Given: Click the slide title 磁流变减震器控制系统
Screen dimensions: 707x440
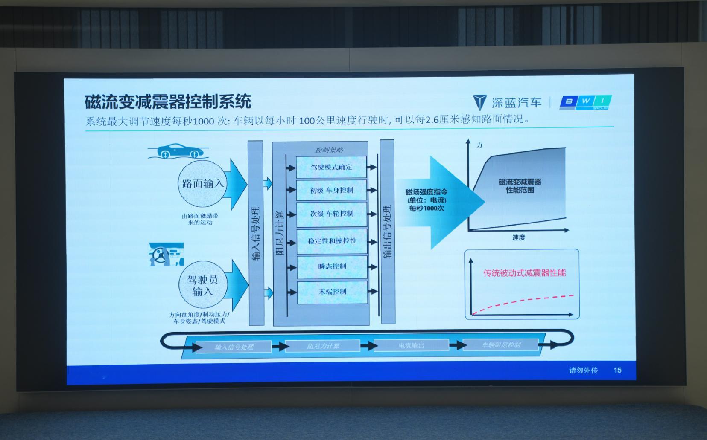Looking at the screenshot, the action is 168,102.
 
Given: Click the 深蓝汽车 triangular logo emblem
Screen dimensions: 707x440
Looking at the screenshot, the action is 479,103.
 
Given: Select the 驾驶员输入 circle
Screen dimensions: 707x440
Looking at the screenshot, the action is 203,285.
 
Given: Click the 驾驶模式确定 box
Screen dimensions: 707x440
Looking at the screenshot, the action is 331,167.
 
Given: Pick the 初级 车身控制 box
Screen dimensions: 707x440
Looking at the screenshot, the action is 331,190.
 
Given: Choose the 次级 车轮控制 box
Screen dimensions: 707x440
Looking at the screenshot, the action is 331,214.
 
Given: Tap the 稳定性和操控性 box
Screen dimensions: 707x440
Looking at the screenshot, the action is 331,241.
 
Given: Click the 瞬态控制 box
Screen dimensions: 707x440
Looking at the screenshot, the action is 331,266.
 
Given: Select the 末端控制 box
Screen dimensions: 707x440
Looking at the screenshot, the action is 331,292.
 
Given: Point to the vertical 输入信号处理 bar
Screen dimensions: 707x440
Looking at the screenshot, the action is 255,232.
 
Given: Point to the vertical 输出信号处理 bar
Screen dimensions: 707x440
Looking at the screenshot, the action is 387,232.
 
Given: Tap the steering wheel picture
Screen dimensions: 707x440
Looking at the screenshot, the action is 166,255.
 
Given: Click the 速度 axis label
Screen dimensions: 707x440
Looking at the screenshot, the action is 519,238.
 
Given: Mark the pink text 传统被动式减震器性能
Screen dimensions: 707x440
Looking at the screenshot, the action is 524,273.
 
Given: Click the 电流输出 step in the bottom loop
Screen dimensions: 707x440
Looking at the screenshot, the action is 411,345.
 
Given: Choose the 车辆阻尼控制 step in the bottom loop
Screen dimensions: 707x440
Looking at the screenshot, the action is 501,345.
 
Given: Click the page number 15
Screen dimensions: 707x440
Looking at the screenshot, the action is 617,370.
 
